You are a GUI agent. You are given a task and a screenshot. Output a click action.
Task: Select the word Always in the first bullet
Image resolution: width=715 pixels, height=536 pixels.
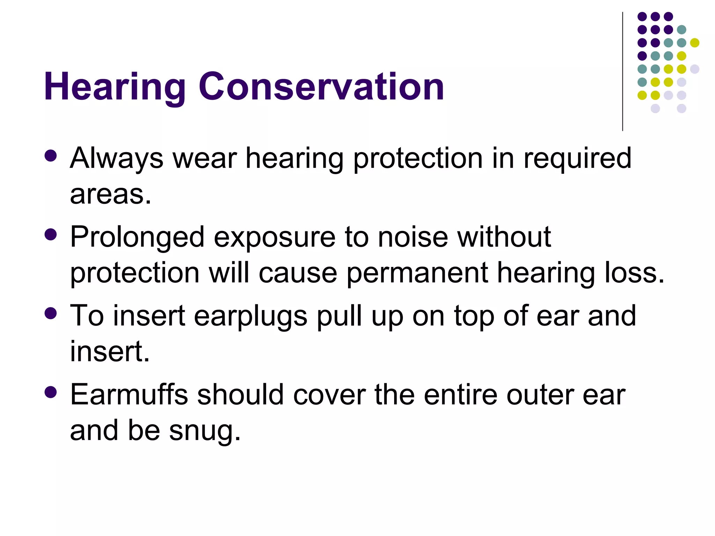pyautogui.click(x=117, y=159)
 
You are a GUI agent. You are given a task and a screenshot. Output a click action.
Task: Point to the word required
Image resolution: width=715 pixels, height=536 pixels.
pyautogui.click(x=577, y=159)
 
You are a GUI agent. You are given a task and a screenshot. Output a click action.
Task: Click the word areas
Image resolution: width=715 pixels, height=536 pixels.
pyautogui.click(x=111, y=194)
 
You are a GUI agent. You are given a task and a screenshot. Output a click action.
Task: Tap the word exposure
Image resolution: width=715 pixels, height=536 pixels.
pyautogui.click(x=275, y=237)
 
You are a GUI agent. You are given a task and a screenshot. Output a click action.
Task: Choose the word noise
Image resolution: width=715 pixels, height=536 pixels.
pyautogui.click(x=413, y=237)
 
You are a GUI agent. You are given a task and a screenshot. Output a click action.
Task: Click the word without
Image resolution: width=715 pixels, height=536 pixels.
pyautogui.click(x=504, y=237)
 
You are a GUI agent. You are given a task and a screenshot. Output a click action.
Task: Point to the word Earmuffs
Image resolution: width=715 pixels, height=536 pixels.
pyautogui.click(x=129, y=395)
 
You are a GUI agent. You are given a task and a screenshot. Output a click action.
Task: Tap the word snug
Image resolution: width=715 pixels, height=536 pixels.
pyautogui.click(x=205, y=431)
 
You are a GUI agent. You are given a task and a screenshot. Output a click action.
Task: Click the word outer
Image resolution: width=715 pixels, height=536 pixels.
pyautogui.click(x=540, y=395)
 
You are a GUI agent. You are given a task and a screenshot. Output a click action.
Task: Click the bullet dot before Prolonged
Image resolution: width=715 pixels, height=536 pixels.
pyautogui.click(x=51, y=235)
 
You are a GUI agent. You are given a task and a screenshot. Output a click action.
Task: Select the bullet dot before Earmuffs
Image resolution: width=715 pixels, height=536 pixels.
pyautogui.click(x=51, y=392)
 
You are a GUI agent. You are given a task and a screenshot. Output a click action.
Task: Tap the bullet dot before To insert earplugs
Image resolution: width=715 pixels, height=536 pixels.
pyautogui.click(x=51, y=313)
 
